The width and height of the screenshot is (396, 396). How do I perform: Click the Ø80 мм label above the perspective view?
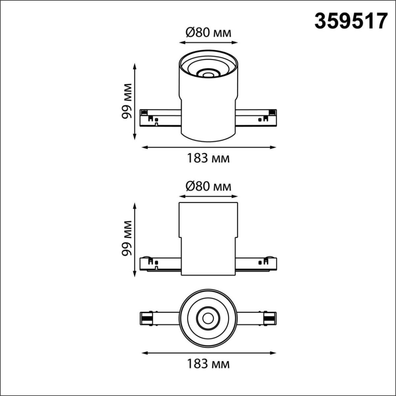(x=208, y=33)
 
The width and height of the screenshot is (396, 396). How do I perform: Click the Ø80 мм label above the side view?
(x=208, y=186)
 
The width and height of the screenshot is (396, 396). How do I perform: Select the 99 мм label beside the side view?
(x=126, y=238)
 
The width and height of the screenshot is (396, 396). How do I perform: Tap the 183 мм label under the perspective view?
(x=208, y=158)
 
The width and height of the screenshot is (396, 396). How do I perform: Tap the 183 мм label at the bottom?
(x=208, y=364)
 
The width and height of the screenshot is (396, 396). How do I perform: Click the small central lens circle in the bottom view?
(x=208, y=318)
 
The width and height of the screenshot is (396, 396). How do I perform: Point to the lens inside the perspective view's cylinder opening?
(x=208, y=75)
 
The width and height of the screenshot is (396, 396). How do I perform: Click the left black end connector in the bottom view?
(x=146, y=319)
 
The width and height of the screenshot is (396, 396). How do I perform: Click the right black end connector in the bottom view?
(x=270, y=319)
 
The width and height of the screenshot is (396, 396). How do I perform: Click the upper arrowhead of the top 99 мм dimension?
(x=135, y=65)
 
